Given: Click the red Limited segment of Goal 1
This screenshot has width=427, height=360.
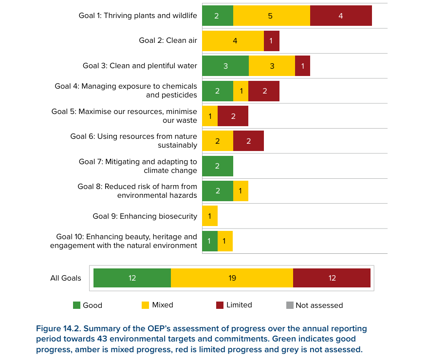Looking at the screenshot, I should (x=341, y=16).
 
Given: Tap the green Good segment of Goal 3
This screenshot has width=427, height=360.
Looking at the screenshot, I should (x=225, y=66).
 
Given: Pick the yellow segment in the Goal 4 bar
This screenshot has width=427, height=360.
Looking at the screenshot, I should (x=241, y=91).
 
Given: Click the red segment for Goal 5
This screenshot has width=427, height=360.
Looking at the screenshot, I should (x=233, y=116).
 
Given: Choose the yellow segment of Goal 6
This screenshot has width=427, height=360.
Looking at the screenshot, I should (x=218, y=141).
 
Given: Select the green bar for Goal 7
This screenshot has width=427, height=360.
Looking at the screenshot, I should (x=218, y=166).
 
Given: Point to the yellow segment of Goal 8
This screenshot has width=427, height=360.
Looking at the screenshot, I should (x=241, y=191).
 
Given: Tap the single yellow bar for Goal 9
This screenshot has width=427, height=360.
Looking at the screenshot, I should (x=210, y=216).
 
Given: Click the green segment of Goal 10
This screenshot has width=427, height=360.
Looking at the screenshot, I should (x=210, y=241).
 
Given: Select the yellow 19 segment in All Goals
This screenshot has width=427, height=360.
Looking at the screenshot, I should (x=232, y=278).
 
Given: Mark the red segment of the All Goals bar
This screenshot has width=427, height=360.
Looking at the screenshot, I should (x=332, y=278).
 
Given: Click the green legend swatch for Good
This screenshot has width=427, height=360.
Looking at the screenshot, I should (x=76, y=305).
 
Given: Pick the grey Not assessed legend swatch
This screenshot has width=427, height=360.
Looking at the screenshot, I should (x=290, y=305).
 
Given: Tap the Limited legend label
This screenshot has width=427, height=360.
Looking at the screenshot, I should (x=239, y=305).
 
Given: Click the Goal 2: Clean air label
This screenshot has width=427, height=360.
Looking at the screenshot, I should (x=168, y=40).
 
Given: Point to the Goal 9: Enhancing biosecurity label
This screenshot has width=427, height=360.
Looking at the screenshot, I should (x=145, y=216).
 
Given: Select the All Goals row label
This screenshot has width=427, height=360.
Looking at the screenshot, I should (x=66, y=278).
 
